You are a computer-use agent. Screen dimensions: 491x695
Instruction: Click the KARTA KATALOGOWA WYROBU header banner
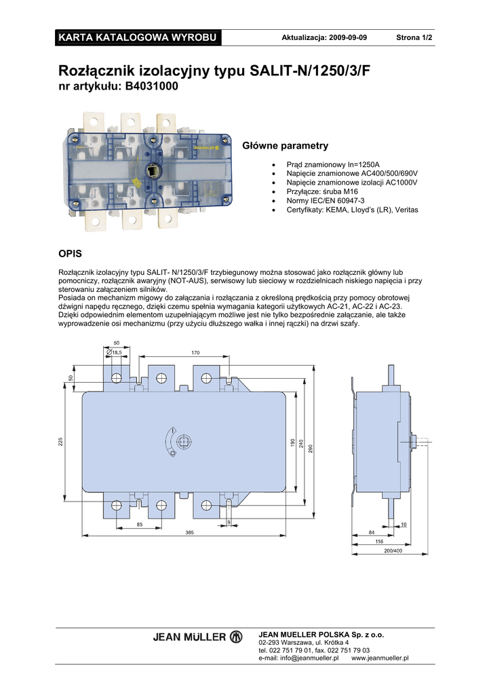138,38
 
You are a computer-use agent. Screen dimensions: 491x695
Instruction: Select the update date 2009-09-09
347,38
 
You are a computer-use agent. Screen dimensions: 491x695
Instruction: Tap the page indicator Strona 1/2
414,38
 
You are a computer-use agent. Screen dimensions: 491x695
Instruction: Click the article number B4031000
152,86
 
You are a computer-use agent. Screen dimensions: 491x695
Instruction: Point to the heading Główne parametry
285,146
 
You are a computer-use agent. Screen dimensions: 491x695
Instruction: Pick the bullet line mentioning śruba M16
322,191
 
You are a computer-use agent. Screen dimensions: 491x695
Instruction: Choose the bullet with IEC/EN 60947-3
326,201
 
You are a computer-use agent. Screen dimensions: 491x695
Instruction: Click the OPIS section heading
70,254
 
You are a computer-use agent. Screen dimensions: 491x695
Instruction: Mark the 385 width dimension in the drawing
189,532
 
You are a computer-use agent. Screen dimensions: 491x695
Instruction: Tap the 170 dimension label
195,353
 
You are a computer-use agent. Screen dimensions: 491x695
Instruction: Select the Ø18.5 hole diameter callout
114,352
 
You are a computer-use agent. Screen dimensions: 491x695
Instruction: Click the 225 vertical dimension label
60,442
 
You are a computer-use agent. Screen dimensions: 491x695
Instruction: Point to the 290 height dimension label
311,449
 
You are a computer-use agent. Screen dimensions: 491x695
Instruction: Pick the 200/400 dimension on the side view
393,551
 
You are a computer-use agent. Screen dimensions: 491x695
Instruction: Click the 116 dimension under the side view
379,542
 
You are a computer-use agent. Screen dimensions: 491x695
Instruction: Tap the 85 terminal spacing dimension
140,525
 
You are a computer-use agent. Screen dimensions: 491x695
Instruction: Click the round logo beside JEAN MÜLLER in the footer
236,637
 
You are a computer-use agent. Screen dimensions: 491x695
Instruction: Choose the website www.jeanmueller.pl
380,658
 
